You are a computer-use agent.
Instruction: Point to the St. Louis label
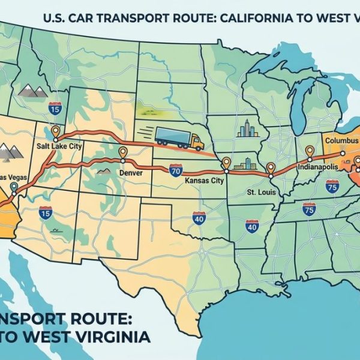tap(259, 193)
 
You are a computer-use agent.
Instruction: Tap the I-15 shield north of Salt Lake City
tap(55, 108)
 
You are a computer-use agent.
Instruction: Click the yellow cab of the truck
tap(196, 142)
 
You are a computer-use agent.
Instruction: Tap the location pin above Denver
tap(123, 153)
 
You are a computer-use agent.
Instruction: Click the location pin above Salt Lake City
tap(56, 131)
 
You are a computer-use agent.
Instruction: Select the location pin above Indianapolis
tap(310, 151)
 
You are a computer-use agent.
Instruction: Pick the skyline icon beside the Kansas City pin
tap(245, 163)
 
